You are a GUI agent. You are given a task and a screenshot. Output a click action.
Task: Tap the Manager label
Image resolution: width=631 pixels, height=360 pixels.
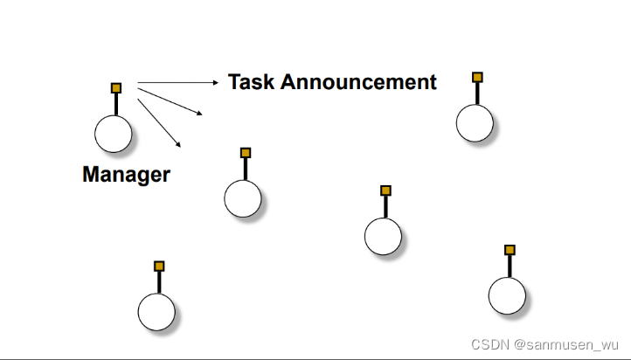pyautogui.click(x=126, y=174)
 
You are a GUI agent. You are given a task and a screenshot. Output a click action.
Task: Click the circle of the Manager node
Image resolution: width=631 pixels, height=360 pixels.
pyautogui.click(x=114, y=134)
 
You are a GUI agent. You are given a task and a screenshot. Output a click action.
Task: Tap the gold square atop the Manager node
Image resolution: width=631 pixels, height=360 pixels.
pyautogui.click(x=116, y=87)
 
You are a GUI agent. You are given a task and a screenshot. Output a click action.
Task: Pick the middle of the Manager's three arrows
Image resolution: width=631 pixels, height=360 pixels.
pyautogui.click(x=171, y=99)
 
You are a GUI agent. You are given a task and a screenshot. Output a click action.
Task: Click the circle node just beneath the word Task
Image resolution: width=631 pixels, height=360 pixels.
pyautogui.click(x=243, y=198)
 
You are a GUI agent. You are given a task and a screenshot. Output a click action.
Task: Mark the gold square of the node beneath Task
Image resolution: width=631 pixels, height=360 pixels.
pyautogui.click(x=246, y=152)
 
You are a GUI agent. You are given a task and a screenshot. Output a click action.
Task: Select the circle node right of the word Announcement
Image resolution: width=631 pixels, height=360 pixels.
pyautogui.click(x=475, y=122)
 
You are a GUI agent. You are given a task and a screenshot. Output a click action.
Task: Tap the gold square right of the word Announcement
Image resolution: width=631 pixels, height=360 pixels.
pyautogui.click(x=477, y=77)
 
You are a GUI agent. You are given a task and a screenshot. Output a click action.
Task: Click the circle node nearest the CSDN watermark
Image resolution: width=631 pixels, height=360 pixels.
pyautogui.click(x=507, y=295)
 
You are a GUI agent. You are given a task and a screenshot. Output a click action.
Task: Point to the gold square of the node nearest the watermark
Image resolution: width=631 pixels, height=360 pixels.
pyautogui.click(x=510, y=250)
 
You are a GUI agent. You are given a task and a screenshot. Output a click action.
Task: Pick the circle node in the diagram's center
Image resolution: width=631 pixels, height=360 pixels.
pyautogui.click(x=383, y=236)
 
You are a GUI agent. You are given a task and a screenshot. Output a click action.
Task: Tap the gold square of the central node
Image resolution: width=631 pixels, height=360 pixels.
pyautogui.click(x=385, y=190)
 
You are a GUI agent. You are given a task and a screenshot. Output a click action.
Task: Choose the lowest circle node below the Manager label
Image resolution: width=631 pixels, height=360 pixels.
pyautogui.click(x=156, y=312)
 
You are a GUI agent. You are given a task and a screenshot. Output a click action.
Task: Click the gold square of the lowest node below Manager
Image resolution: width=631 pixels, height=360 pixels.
pyautogui.click(x=159, y=266)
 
